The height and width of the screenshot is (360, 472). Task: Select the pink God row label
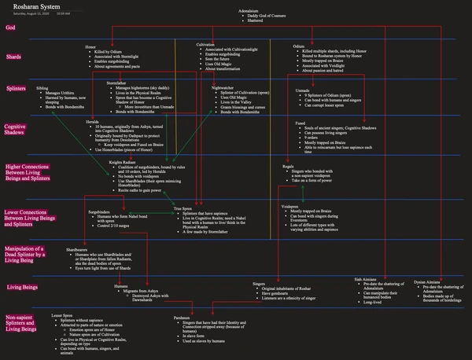(10, 27)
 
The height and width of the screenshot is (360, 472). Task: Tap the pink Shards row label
(14, 57)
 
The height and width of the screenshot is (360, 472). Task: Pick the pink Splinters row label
(17, 90)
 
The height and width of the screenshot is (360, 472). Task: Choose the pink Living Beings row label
(22, 287)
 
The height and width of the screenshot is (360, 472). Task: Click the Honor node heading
(90, 47)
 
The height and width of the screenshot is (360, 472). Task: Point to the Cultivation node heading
(206, 45)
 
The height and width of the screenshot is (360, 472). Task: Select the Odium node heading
(297, 46)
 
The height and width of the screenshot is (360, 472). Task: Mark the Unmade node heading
(302, 90)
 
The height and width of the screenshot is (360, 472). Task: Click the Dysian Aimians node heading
(427, 281)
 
